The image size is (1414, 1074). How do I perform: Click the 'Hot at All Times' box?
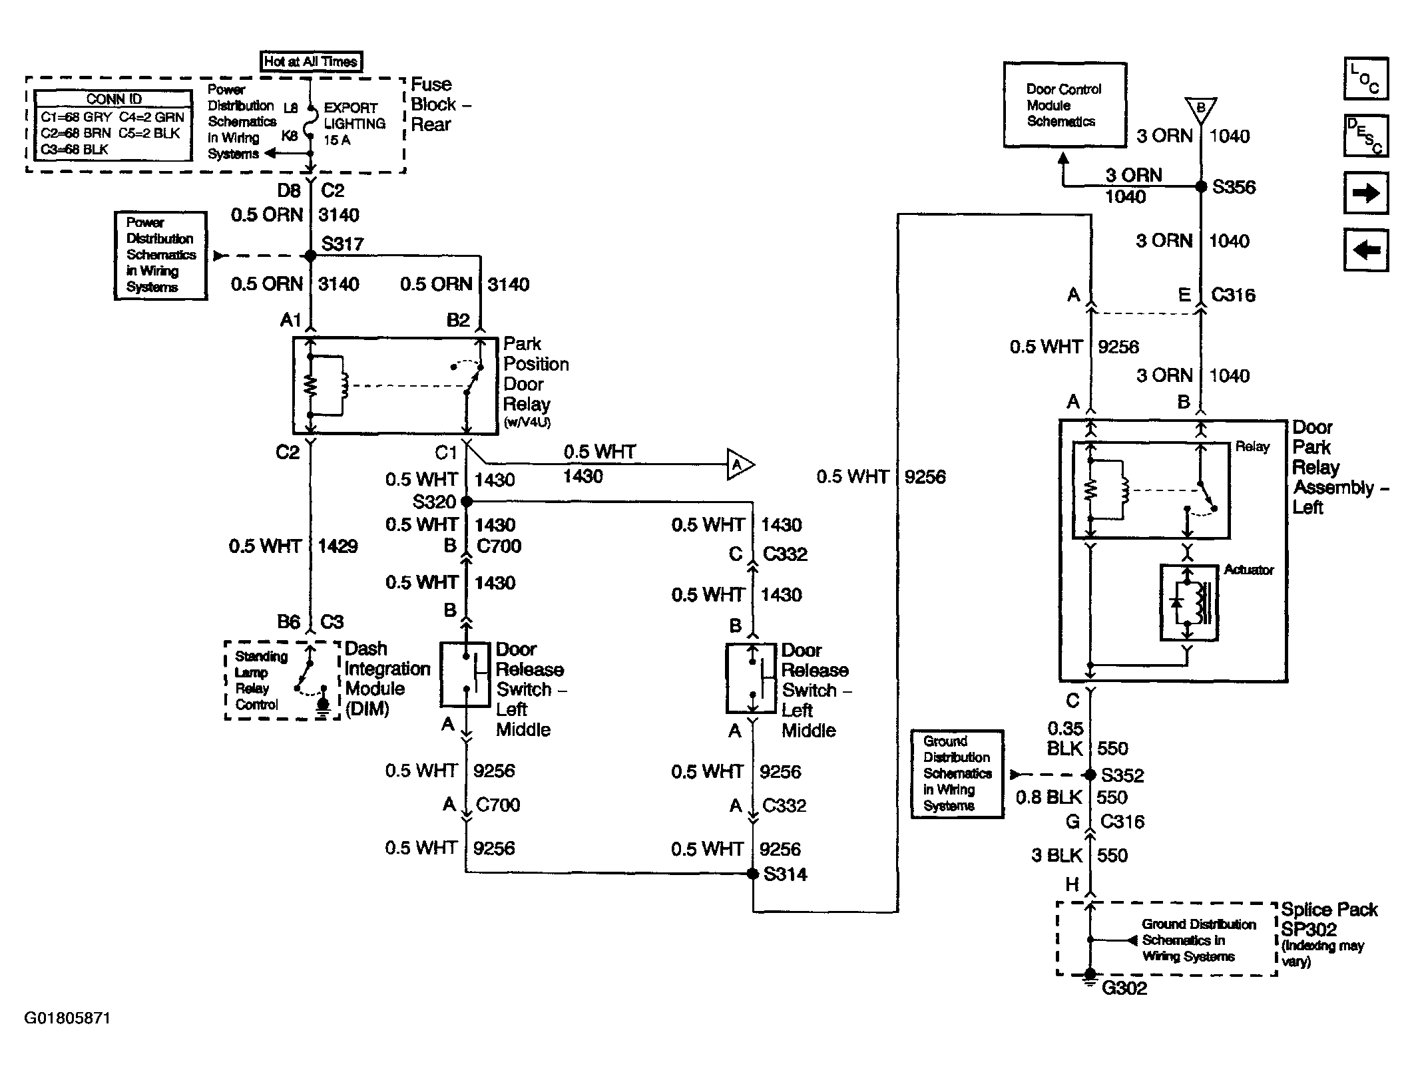click(x=311, y=61)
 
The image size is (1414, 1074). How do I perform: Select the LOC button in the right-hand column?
click(x=1366, y=79)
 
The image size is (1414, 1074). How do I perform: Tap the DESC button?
click(x=1366, y=136)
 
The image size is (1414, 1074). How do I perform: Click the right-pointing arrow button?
click(x=1366, y=193)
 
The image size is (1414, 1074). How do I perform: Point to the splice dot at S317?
click(x=310, y=256)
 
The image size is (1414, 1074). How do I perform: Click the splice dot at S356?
click(x=1201, y=187)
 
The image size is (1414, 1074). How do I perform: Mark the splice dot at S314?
click(x=753, y=874)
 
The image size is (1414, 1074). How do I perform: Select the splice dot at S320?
click(x=467, y=501)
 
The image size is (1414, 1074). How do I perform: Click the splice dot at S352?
click(x=1090, y=775)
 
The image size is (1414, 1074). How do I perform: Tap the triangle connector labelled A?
click(x=740, y=464)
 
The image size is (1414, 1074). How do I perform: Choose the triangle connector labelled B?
click(x=1201, y=109)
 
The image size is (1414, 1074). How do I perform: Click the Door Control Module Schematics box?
click(x=1065, y=105)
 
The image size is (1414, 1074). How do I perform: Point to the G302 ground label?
click(x=1124, y=988)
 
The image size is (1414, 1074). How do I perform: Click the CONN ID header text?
click(x=114, y=99)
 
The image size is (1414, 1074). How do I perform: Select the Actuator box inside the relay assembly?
click(x=1189, y=603)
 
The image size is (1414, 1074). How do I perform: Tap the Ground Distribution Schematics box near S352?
click(x=957, y=774)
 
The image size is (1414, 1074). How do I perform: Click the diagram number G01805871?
click(x=67, y=1018)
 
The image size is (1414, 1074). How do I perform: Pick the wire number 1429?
click(x=338, y=546)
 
